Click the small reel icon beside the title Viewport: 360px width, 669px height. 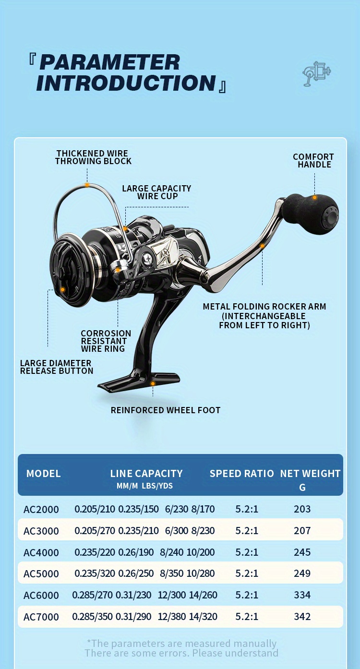[x=316, y=74]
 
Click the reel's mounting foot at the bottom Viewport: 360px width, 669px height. [x=139, y=382]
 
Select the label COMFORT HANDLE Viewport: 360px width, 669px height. [x=313, y=161]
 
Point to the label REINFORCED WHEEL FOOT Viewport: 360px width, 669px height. [x=166, y=410]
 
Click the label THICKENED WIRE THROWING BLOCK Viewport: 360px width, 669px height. [x=93, y=157]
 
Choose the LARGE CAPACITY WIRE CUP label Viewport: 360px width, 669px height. [x=156, y=192]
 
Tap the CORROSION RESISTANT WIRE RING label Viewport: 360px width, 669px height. [x=106, y=341]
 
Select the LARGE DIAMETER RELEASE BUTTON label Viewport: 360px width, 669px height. [x=57, y=367]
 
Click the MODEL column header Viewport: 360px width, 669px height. [x=43, y=474]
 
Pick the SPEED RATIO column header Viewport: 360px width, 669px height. [x=241, y=474]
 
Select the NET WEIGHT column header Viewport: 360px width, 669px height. [x=310, y=474]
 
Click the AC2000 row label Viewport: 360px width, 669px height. [x=41, y=509]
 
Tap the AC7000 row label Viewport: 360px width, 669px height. [x=41, y=617]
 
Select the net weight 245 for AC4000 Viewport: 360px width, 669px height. [x=302, y=552]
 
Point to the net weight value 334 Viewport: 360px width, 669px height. [x=302, y=595]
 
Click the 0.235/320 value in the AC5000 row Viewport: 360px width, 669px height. [x=95, y=573]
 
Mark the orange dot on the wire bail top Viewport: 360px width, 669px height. [x=87, y=185]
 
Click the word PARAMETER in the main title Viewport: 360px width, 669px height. [x=110, y=62]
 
